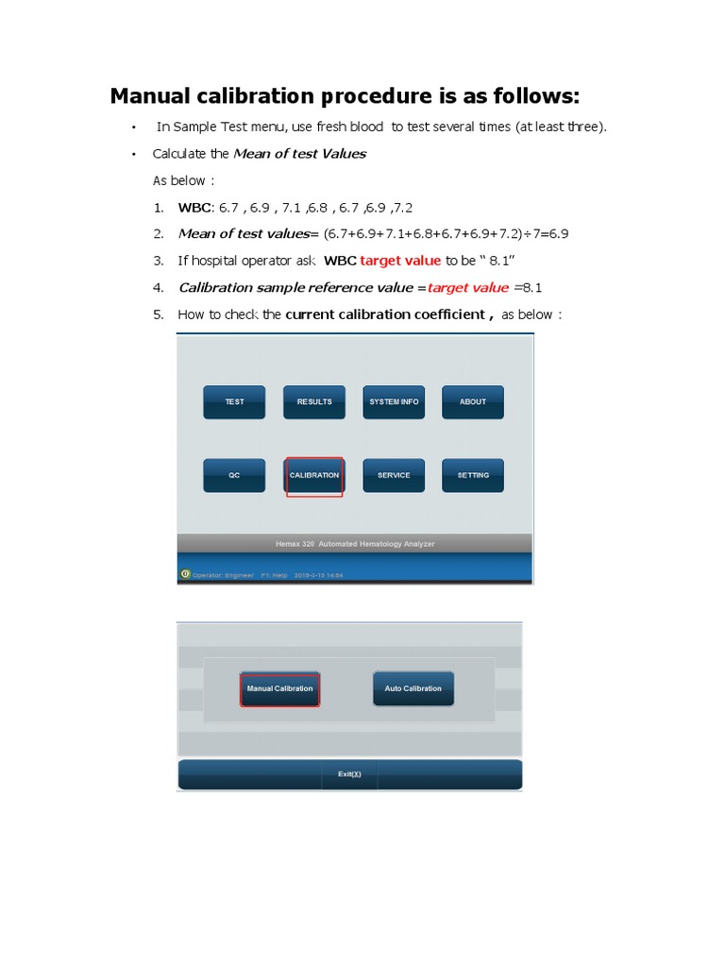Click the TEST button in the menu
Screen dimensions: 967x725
pyautogui.click(x=234, y=402)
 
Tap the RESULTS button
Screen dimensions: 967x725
pyautogui.click(x=314, y=402)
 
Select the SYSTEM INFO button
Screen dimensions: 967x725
pyautogui.click(x=394, y=402)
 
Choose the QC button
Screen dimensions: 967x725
pyautogui.click(x=234, y=476)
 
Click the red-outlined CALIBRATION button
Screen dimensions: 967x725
pyautogui.click(x=314, y=476)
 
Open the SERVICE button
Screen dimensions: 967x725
pyautogui.click(x=394, y=476)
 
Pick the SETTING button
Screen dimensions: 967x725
pyautogui.click(x=473, y=476)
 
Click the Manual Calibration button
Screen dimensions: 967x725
pyautogui.click(x=279, y=689)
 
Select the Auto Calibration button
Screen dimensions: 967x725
pyautogui.click(x=413, y=689)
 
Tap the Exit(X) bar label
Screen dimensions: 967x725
pyautogui.click(x=349, y=774)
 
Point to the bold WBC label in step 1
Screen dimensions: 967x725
pyautogui.click(x=195, y=207)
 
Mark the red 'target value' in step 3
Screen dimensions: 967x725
pyautogui.click(x=400, y=261)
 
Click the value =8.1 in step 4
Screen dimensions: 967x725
pyautogui.click(x=528, y=287)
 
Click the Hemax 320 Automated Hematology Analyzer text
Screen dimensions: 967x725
pyautogui.click(x=355, y=544)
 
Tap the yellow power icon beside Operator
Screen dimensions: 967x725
pyautogui.click(x=185, y=573)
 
